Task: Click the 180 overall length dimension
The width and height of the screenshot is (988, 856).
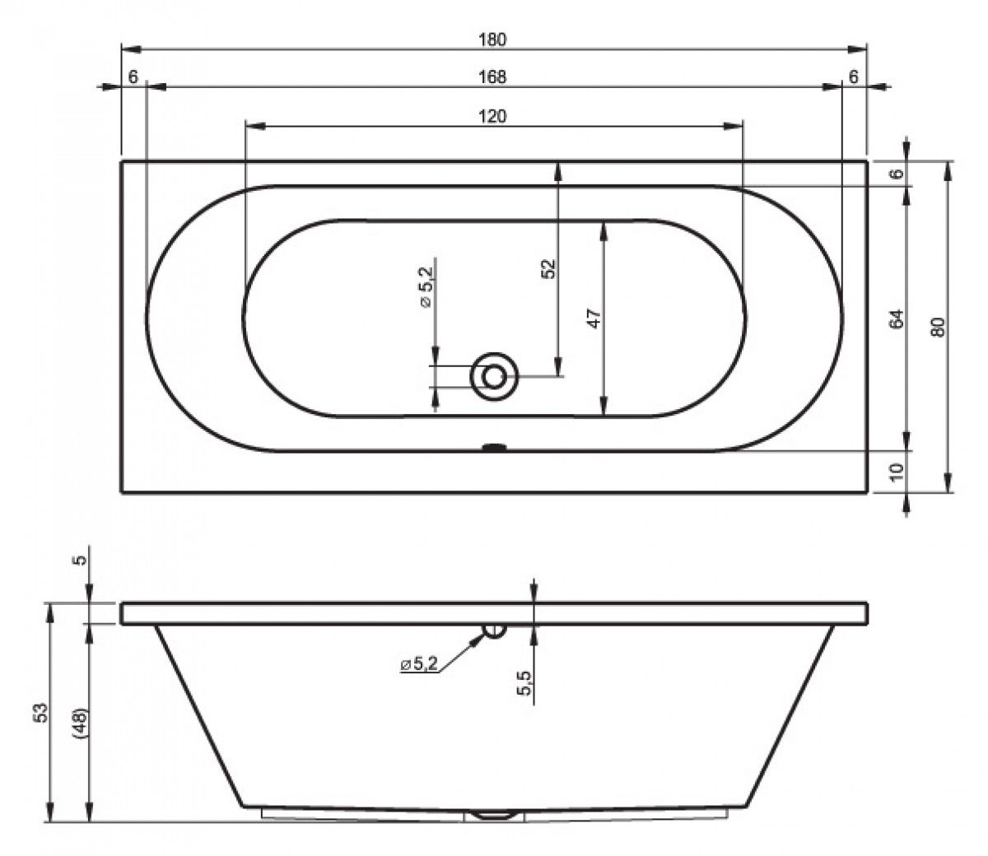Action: pos(492,40)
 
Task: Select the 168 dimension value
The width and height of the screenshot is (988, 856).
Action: pos(492,77)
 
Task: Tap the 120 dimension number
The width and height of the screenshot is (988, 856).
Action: pos(492,116)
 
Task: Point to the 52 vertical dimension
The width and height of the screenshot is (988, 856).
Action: pos(549,269)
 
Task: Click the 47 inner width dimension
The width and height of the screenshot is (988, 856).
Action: pos(594,319)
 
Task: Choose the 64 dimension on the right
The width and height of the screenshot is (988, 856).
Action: pos(897,319)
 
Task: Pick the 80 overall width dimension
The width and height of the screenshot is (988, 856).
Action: pos(939,327)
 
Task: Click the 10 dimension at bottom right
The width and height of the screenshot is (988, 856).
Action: pos(897,472)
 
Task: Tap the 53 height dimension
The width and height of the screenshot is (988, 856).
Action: pos(42,712)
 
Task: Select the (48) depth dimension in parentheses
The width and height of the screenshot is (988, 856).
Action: pos(81,724)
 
